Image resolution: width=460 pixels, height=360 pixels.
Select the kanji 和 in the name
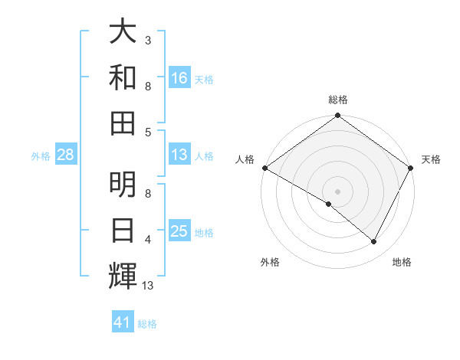click(123, 77)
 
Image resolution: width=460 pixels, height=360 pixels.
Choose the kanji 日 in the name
click(123, 230)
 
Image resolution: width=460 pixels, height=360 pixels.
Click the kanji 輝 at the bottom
click(123, 275)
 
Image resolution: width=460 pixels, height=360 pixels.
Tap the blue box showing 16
click(179, 77)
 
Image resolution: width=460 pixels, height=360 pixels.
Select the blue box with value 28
click(65, 155)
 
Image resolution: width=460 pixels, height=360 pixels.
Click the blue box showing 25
click(179, 231)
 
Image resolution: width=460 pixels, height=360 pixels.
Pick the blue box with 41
click(123, 322)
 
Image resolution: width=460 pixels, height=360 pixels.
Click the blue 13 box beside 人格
click(179, 155)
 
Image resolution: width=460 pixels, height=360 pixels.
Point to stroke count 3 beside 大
click(148, 40)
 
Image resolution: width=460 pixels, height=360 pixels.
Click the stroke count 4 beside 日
click(148, 240)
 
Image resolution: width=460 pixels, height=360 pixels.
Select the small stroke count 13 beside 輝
click(149, 286)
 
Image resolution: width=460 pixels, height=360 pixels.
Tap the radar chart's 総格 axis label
click(338, 100)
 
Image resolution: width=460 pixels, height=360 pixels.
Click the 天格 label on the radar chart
click(431, 159)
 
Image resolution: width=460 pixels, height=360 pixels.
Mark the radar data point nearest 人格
click(264, 168)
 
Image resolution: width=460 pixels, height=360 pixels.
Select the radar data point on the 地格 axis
click(374, 242)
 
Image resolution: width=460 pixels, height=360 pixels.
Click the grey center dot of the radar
click(338, 191)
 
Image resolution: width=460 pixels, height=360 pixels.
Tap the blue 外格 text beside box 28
click(41, 156)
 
